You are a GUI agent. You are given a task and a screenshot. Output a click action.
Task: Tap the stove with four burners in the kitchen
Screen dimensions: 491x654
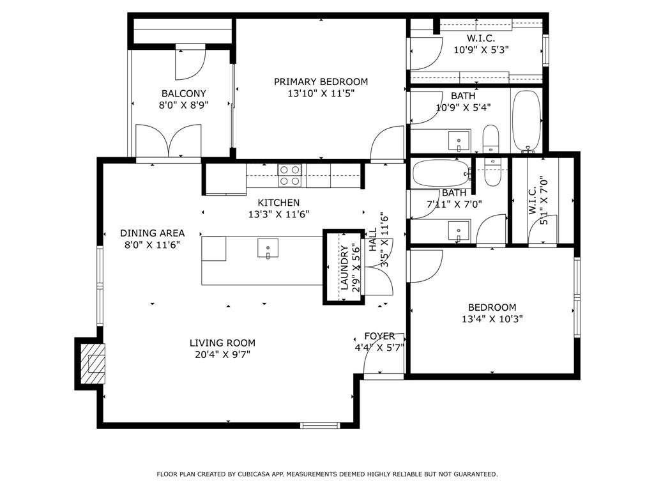[289, 175]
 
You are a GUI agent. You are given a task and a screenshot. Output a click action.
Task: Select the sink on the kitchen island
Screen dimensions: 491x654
[268, 247]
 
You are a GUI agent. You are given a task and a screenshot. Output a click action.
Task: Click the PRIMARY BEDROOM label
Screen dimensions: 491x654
[321, 82]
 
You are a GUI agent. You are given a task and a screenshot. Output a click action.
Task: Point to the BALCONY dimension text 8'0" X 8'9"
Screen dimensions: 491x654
[183, 105]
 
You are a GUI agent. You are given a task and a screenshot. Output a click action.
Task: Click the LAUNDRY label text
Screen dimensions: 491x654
[344, 269]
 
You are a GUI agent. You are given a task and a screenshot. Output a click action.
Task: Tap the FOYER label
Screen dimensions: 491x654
[379, 336]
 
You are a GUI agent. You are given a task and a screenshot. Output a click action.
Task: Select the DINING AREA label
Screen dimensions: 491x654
[152, 233]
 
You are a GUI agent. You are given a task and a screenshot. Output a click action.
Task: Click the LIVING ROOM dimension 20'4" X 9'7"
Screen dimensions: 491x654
[222, 355]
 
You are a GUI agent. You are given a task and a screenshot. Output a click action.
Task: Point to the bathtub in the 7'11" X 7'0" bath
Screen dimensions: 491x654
[441, 172]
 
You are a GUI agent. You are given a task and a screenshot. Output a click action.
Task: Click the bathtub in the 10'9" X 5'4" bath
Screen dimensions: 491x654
[526, 121]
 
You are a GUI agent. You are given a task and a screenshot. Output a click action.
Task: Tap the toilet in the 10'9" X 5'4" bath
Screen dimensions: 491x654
[490, 139]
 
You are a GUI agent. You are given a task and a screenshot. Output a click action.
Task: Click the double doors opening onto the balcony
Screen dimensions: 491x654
[167, 141]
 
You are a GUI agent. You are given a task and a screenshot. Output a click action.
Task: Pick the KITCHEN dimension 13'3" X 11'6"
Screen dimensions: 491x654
[278, 215]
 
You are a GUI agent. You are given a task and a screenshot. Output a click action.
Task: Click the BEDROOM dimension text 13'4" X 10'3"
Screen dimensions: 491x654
[492, 319]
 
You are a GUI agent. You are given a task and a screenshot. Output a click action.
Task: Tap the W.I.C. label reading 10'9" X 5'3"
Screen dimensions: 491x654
[481, 49]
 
